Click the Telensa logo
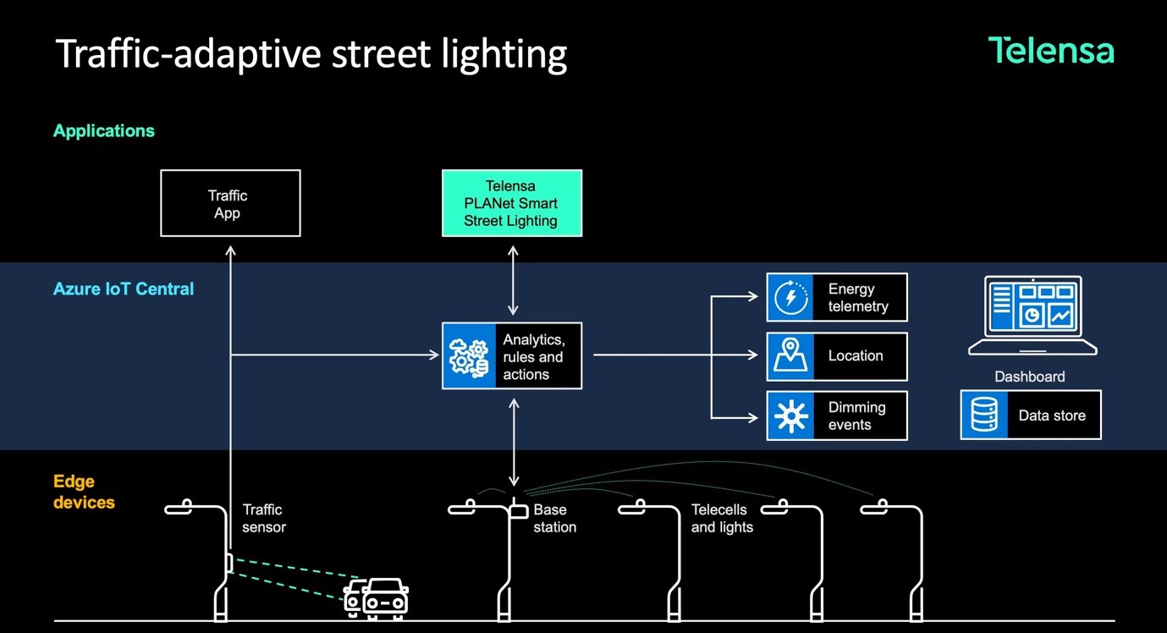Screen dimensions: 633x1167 1051,51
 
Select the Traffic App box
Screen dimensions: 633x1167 230,203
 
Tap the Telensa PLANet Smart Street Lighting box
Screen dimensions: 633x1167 511,203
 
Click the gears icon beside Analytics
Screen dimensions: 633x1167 469,356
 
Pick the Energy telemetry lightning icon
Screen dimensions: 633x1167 790,297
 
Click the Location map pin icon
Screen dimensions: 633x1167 790,356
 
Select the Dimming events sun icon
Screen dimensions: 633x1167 790,416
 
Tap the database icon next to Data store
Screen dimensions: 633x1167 984,416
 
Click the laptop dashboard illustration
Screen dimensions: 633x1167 1032,316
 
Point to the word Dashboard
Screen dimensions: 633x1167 1029,377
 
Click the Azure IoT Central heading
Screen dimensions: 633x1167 124,289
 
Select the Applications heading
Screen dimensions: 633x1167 104,130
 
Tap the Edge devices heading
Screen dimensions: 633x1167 84,492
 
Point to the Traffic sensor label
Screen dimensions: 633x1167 264,518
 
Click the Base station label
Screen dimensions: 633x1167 555,518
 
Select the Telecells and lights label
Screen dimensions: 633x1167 721,518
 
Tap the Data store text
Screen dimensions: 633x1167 1052,416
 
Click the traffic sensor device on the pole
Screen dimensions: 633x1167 228,563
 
